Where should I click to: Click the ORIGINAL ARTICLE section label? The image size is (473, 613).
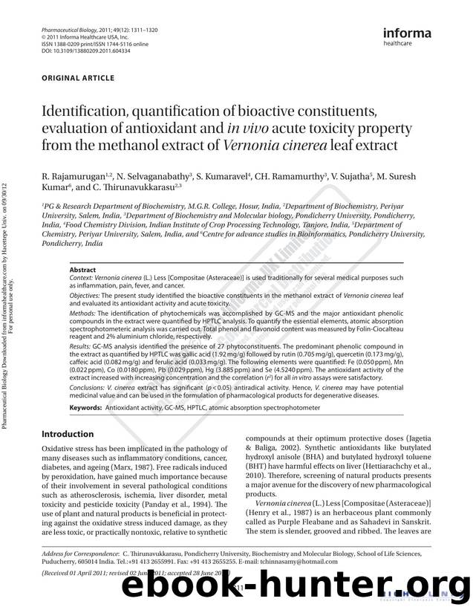pos(78,78)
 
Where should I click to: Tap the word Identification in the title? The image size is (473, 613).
pos(91,112)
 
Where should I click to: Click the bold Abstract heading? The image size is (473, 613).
pos(82,270)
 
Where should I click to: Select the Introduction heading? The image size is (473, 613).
pos(68,434)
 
